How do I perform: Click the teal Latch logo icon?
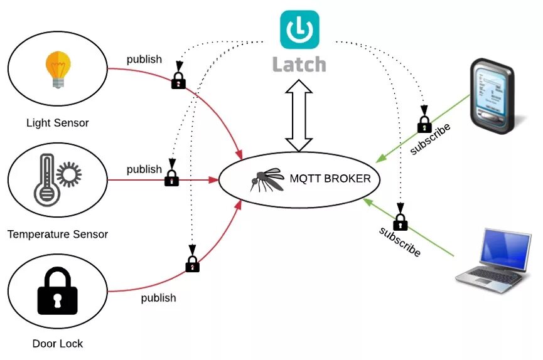[299, 29]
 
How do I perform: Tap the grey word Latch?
[299, 64]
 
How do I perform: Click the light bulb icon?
[58, 70]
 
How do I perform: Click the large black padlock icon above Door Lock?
[57, 291]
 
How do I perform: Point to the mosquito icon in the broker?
[266, 179]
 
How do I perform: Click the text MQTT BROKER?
[330, 178]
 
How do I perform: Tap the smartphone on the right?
[493, 95]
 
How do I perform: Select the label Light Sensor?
[57, 123]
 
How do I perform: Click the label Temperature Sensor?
[58, 235]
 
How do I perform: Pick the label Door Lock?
[57, 344]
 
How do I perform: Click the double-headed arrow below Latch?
[299, 116]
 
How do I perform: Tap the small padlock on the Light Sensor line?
[179, 80]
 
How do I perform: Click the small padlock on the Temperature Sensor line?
[171, 178]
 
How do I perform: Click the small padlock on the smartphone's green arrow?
[424, 124]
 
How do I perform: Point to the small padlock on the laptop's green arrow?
[401, 221]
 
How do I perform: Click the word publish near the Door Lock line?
[158, 297]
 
